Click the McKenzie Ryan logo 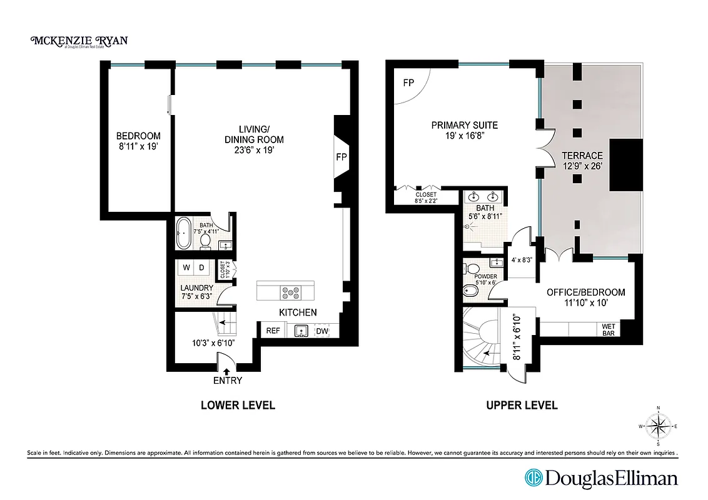pos(79,41)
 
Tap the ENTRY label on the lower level pos(228,380)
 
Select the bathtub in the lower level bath pos(184,234)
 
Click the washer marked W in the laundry pos(186,268)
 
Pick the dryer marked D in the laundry pos(202,268)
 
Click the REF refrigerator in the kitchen pos(273,331)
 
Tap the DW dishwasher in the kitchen pos(322,331)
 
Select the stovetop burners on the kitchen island pos(291,291)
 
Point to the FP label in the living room pos(341,157)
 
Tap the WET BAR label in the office pos(608,330)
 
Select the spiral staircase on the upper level pos(482,337)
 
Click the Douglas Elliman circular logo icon pos(533,478)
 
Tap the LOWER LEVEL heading pos(238,405)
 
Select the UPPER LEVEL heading pos(522,405)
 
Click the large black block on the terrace pos(625,166)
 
